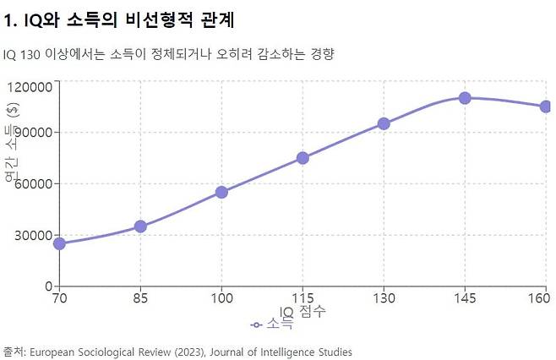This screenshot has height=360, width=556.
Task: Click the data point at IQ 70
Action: [59, 243]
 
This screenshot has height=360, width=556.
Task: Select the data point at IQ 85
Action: [140, 226]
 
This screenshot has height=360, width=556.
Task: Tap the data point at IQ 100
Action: [221, 192]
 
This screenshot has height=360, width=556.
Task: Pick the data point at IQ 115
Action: [303, 158]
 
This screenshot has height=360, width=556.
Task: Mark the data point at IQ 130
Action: [384, 123]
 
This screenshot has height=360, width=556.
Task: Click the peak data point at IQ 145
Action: [465, 98]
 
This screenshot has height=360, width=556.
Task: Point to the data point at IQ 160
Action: [546, 106]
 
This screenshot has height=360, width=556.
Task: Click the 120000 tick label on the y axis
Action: [30, 86]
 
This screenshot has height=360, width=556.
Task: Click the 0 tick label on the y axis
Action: [49, 286]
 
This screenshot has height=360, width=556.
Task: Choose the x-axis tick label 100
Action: [221, 298]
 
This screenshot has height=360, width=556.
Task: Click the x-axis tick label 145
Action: [465, 298]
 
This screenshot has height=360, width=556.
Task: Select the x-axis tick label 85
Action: [140, 298]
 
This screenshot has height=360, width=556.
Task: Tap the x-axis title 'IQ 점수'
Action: [303, 312]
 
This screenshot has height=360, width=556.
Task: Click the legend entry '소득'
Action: [272, 324]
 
